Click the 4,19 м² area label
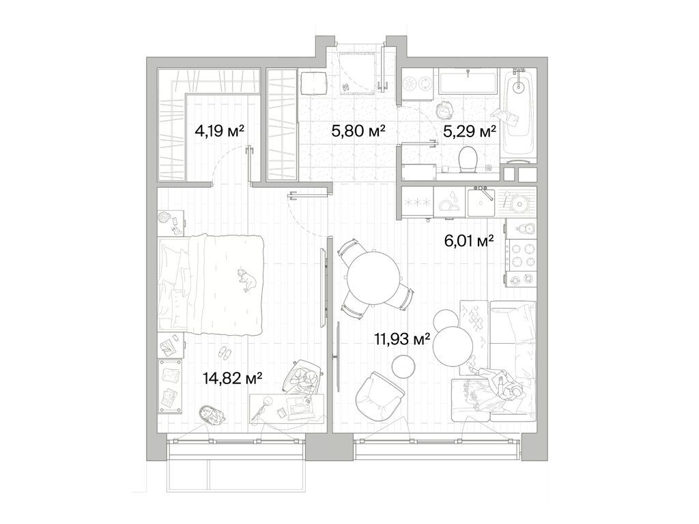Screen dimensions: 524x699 coord(219,131)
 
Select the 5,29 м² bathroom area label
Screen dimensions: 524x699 coord(469,131)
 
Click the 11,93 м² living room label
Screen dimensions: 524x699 coord(401,338)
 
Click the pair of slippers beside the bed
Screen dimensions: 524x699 coord(224,352)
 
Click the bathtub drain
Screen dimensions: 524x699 coord(518,87)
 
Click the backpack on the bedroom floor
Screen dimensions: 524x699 coord(209,415)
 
